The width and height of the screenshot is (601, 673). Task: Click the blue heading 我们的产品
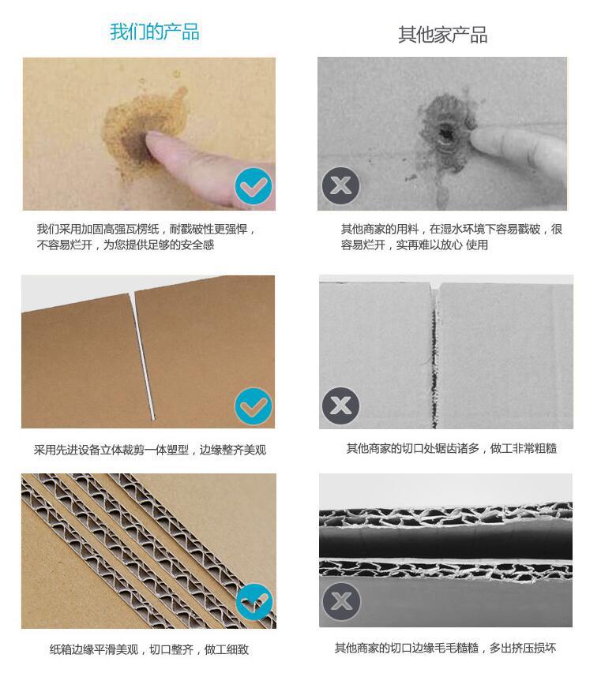click(x=154, y=32)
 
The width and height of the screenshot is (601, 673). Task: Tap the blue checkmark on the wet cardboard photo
click(x=254, y=188)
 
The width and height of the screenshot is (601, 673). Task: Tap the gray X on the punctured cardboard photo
click(x=340, y=187)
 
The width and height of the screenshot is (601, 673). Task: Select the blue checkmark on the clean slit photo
click(x=254, y=407)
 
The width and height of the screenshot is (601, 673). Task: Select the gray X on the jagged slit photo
click(x=340, y=406)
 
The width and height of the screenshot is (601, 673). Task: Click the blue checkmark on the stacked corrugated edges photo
click(x=254, y=604)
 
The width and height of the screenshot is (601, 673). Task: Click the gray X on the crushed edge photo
click(x=340, y=603)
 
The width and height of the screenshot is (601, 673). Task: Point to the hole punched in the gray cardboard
click(x=445, y=136)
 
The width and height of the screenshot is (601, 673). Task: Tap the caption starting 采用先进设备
click(x=149, y=450)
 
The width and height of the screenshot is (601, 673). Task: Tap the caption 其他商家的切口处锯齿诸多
click(x=451, y=448)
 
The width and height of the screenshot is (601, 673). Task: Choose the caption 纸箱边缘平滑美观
click(x=149, y=650)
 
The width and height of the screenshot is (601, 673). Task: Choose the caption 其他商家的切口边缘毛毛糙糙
click(x=445, y=649)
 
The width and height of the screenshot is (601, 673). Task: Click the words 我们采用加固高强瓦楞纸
click(x=99, y=229)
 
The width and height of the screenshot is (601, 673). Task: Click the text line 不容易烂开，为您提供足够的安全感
click(x=126, y=245)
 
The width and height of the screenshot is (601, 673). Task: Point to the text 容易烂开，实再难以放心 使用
click(x=414, y=245)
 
